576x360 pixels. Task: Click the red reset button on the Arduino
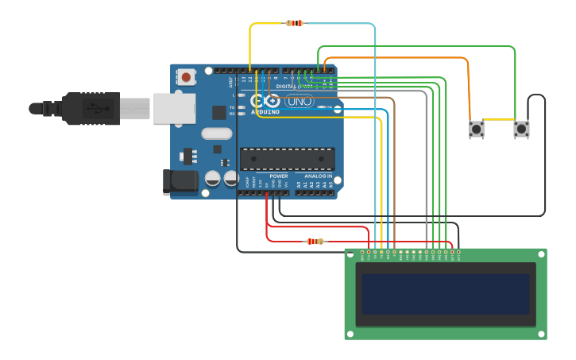[186, 77]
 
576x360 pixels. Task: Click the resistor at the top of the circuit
[294, 23]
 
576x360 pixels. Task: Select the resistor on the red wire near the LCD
[315, 241]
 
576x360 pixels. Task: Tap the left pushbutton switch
[477, 129]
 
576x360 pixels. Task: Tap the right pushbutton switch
[521, 129]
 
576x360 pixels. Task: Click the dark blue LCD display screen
[446, 294]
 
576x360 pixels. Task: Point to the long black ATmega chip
[287, 159]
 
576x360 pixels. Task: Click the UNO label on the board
[299, 101]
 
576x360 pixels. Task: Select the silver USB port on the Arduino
[174, 108]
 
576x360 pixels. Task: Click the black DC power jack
[180, 182]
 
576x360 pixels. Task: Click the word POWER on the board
[278, 176]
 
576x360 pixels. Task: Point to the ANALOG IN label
[318, 176]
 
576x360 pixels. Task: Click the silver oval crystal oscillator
[216, 134]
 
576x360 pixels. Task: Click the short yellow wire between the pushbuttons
[499, 120]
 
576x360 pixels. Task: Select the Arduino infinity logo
[265, 101]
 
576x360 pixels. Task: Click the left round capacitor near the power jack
[213, 178]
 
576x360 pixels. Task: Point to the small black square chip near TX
[218, 113]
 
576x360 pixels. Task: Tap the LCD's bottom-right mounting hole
[540, 333]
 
